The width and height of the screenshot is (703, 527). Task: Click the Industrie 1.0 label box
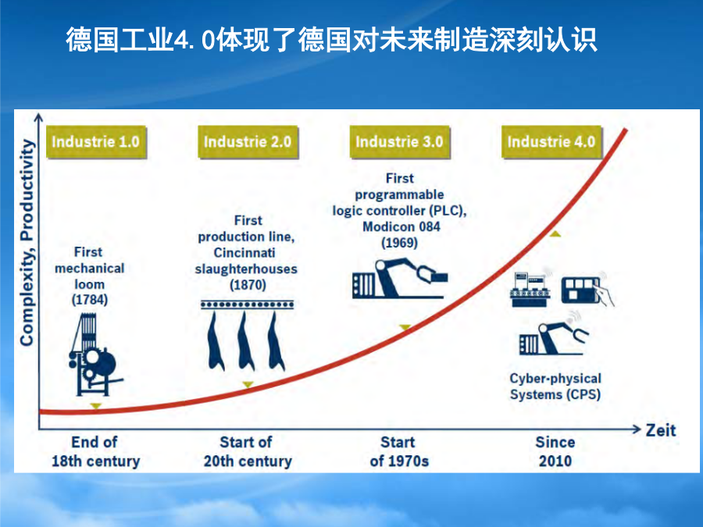(x=96, y=142)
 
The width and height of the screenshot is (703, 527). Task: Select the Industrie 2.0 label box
(x=248, y=142)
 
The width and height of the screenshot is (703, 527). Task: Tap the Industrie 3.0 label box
(x=399, y=142)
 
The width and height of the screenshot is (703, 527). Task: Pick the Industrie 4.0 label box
(x=551, y=142)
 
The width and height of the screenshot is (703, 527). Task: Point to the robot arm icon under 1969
(x=400, y=278)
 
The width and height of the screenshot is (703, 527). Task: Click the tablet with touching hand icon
(x=587, y=290)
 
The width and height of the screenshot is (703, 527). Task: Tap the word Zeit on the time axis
(x=660, y=430)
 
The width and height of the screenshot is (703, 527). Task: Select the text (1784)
(x=90, y=300)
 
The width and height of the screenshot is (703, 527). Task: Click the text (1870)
(x=248, y=285)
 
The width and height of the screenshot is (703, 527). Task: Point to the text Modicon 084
(x=401, y=226)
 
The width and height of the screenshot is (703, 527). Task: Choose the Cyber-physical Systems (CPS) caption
(x=555, y=386)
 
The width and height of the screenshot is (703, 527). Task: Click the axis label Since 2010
(x=555, y=451)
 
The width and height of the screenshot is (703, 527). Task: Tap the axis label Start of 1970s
(x=399, y=451)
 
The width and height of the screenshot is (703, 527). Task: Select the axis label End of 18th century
(x=95, y=451)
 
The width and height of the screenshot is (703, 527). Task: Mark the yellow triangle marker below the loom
(x=95, y=406)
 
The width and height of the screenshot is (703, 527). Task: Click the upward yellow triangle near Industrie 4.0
(x=555, y=233)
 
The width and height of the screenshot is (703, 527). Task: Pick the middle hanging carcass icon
(x=245, y=341)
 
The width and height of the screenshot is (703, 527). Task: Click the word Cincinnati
(x=244, y=253)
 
